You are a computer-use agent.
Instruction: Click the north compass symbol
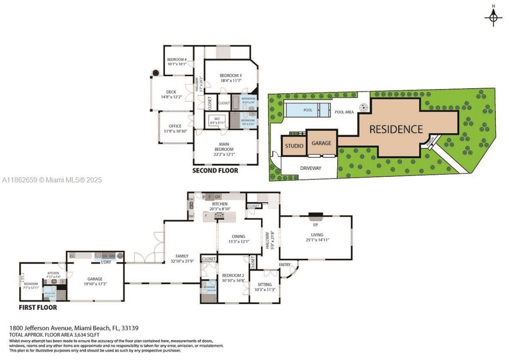coord(493,16)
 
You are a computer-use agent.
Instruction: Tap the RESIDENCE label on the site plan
coord(396,129)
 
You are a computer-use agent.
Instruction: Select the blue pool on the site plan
coord(307,110)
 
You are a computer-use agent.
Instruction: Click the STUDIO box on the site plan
coord(294,146)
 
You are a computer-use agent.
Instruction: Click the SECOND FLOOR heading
coord(215,170)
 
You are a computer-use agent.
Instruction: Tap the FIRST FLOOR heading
coord(38,307)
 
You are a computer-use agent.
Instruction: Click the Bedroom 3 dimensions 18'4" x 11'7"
coord(231,81)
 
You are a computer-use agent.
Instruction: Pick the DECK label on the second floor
coord(171,92)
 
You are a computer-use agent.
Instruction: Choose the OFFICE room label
coord(175,126)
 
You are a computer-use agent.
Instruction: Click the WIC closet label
coord(217,118)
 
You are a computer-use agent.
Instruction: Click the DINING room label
coord(238,236)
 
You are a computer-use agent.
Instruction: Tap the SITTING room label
coord(264,284)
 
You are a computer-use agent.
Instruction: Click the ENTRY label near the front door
coord(284,265)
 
